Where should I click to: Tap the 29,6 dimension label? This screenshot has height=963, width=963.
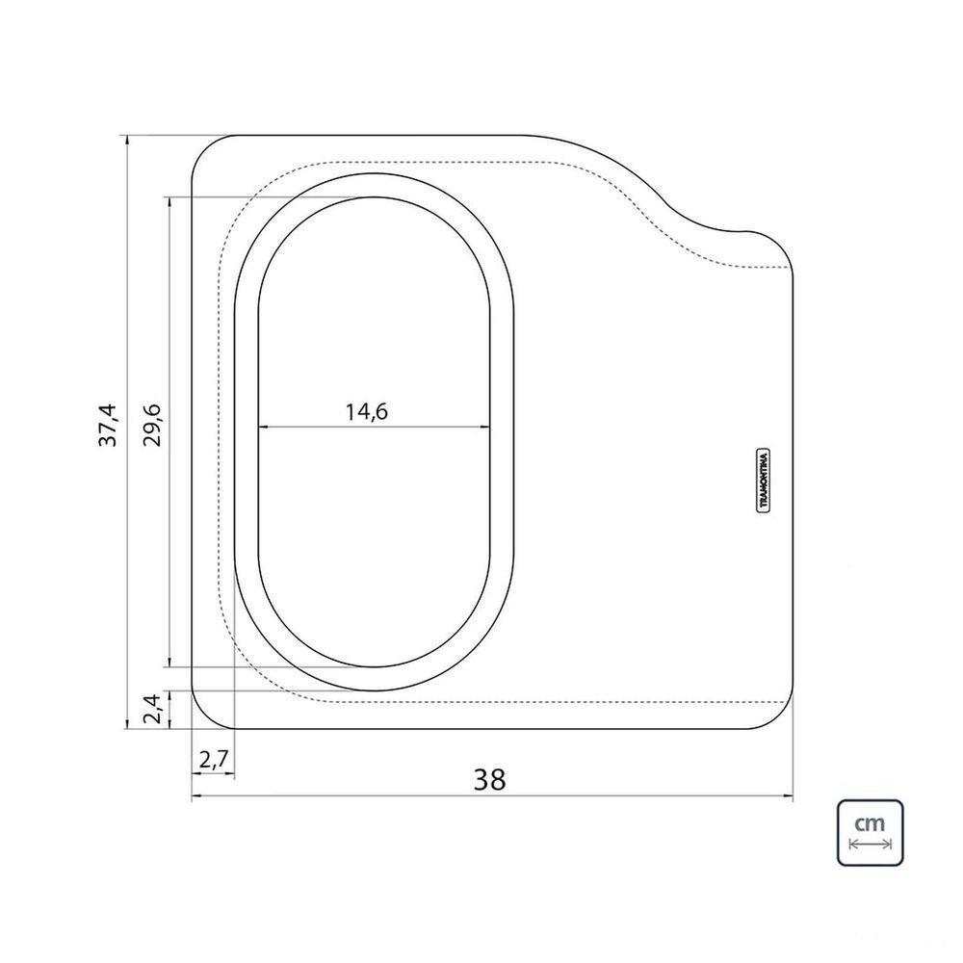click(152, 426)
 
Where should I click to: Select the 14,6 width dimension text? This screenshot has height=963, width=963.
click(366, 411)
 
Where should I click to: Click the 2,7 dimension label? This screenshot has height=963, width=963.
click(214, 761)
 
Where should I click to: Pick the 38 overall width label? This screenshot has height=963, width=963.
click(489, 780)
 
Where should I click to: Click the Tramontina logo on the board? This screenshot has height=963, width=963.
click(764, 480)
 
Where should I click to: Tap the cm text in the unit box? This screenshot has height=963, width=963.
click(870, 822)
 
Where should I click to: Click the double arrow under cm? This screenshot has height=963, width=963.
click(870, 845)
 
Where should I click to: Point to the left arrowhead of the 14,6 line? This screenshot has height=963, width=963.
click(263, 427)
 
